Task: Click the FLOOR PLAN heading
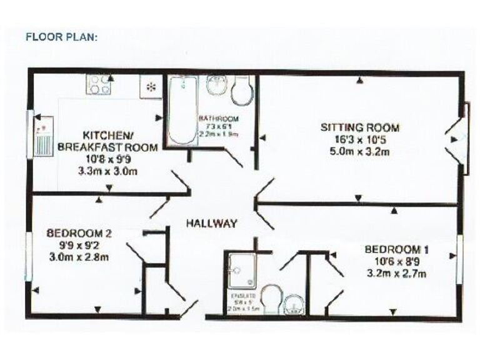61,37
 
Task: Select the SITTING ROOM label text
359,127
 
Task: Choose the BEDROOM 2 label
79,234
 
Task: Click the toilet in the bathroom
241,91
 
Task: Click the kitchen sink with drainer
43,140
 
